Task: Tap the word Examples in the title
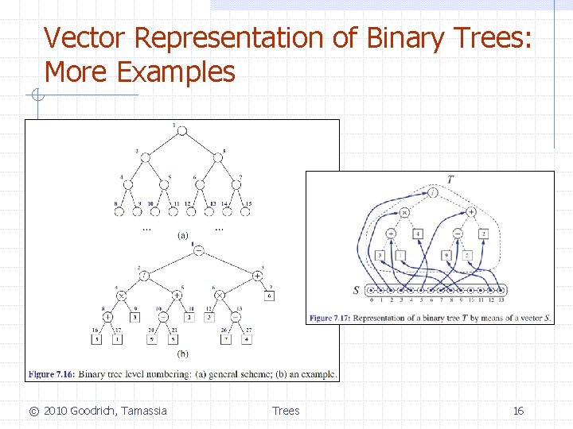click(x=176, y=71)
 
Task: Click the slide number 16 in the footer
click(x=518, y=411)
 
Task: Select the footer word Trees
click(x=286, y=411)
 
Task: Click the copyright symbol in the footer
click(x=33, y=411)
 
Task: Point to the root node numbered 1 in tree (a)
click(x=176, y=131)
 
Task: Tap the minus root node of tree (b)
click(x=198, y=250)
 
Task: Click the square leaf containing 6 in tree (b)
click(x=269, y=296)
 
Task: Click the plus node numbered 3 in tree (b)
click(x=258, y=275)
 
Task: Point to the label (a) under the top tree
click(x=182, y=234)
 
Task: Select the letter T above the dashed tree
click(x=450, y=180)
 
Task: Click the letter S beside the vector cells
click(x=356, y=291)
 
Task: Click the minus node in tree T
click(x=458, y=233)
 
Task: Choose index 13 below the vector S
click(x=501, y=300)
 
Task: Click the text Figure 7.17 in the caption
click(x=331, y=318)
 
